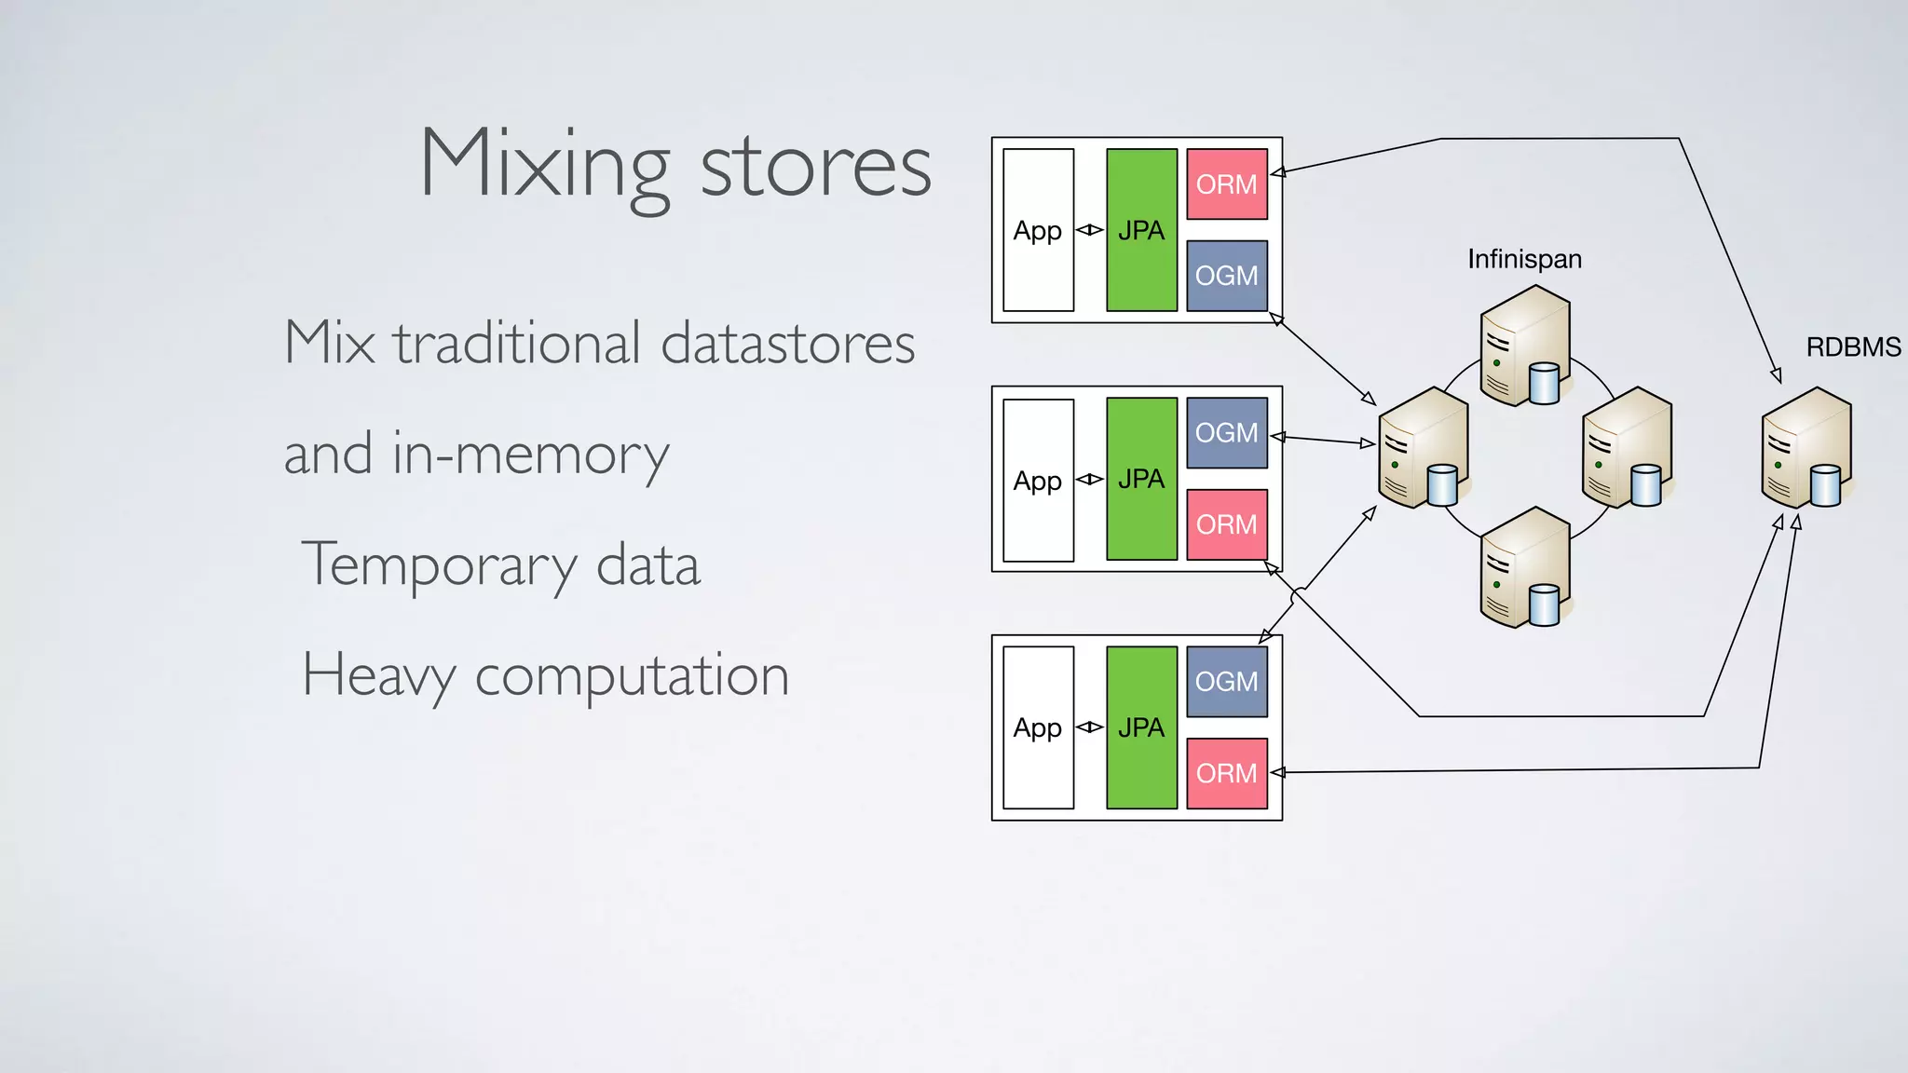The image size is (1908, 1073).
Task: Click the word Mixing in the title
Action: [545, 166]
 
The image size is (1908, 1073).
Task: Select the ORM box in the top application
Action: [1226, 184]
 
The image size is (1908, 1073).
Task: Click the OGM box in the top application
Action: [1226, 276]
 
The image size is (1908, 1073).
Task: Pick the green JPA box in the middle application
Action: [1141, 479]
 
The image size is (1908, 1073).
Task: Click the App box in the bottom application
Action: [1038, 727]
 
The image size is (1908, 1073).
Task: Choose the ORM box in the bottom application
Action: [1226, 773]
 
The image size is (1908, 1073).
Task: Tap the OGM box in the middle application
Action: [1226, 433]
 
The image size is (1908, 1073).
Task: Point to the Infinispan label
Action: [1524, 259]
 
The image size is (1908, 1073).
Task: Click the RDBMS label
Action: [1852, 347]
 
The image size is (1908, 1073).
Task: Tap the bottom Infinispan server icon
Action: [1525, 568]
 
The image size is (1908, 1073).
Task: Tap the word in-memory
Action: [530, 455]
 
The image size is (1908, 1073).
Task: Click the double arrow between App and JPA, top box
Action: [1089, 230]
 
